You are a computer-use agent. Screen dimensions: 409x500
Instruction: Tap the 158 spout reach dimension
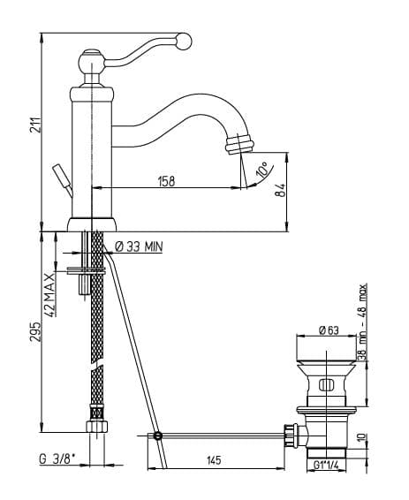click(166, 181)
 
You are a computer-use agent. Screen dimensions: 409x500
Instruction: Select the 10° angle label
click(263, 170)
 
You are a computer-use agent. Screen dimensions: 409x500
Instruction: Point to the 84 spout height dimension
click(281, 190)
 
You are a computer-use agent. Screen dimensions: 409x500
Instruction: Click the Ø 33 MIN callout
click(139, 246)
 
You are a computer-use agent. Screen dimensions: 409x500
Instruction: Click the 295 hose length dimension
click(35, 331)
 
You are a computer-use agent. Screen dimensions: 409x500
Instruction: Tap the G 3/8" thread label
click(57, 459)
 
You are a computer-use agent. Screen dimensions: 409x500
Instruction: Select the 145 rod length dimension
click(214, 460)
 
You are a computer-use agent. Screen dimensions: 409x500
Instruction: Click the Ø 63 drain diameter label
click(329, 330)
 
